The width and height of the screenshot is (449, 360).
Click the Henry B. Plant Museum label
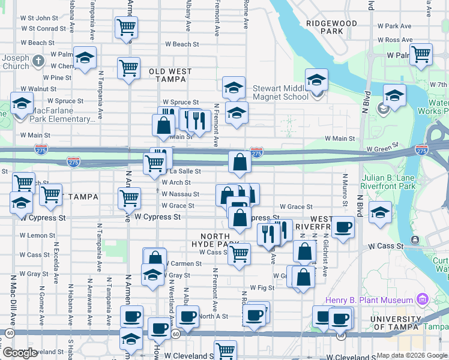(369, 300)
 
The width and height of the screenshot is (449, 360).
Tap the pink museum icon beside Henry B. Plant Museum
(422, 299)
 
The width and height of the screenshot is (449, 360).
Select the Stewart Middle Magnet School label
(280, 92)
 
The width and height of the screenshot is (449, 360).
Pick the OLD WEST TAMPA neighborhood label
(170, 75)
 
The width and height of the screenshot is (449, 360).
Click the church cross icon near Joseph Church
(38, 61)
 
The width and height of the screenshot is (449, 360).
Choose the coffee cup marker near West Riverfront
(343, 227)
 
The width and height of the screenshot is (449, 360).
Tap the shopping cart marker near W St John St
(126, 27)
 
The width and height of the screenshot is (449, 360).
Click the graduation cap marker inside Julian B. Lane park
(380, 212)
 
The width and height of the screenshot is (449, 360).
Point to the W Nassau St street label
(180, 194)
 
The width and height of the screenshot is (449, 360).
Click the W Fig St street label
(262, 288)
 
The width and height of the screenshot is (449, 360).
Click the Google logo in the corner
(20, 353)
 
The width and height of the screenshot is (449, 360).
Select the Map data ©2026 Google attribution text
(412, 355)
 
